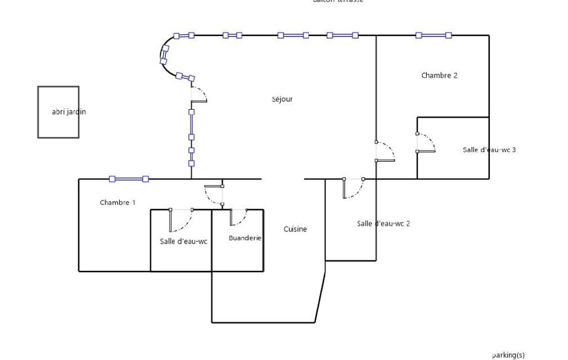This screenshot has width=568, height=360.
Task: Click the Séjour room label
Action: click(282, 100)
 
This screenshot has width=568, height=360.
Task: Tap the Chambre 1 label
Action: click(117, 203)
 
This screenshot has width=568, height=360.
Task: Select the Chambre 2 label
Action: click(439, 76)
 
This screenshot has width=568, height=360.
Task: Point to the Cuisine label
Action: click(295, 229)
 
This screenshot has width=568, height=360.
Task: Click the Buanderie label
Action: click(245, 238)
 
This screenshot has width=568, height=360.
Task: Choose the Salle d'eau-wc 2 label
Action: click(383, 224)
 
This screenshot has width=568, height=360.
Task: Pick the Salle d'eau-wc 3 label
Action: click(489, 150)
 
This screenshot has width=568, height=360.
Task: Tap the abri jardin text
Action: click(69, 112)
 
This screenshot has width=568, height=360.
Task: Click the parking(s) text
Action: click(508, 355)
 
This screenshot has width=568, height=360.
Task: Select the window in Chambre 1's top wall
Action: click(129, 179)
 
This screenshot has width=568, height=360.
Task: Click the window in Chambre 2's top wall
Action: click(433, 35)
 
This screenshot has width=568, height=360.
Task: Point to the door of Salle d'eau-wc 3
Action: click(424, 143)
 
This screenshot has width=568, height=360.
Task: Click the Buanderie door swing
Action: click(238, 217)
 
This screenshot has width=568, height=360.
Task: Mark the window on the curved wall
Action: click(165, 55)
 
